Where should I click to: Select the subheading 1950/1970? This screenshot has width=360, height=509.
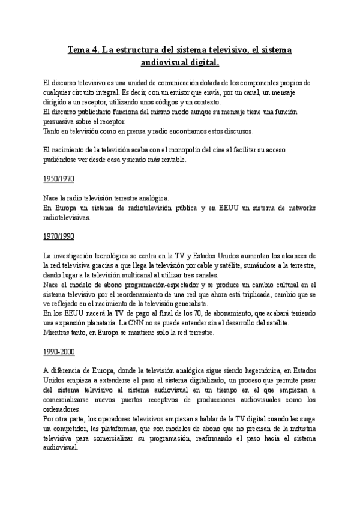59,179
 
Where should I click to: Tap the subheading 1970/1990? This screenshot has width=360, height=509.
59,236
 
